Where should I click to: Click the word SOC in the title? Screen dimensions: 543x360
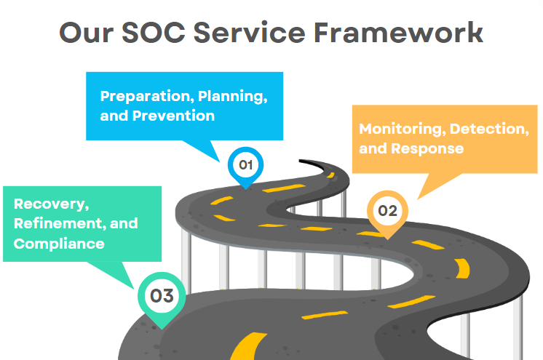tap(154, 32)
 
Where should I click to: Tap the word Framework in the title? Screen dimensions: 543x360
tap(398, 32)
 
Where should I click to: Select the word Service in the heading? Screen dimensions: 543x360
tap(250, 32)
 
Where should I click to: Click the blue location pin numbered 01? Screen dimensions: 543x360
tap(245, 167)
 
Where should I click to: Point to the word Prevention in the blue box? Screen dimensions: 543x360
tap(173, 116)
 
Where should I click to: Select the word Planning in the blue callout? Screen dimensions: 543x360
tap(233, 97)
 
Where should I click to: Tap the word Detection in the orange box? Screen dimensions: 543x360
tap(489, 129)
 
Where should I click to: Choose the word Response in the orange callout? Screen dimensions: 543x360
tap(427, 149)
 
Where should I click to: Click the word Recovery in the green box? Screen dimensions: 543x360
tap(51, 204)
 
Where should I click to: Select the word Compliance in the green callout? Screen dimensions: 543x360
tap(59, 244)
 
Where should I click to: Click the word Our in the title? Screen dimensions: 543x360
tap(86, 32)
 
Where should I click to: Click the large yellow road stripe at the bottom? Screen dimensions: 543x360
tap(247, 346)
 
